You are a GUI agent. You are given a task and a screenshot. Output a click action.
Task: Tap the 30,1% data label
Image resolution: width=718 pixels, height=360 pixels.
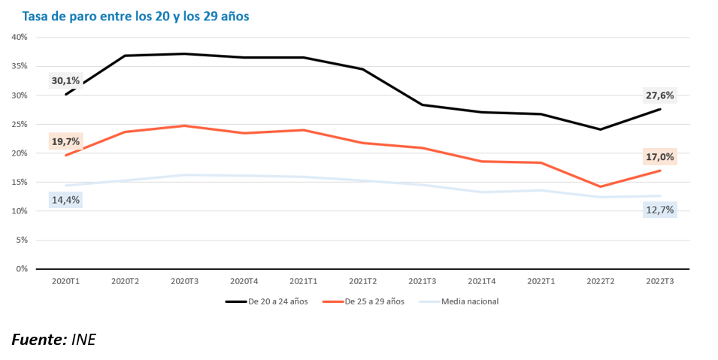tap(65, 80)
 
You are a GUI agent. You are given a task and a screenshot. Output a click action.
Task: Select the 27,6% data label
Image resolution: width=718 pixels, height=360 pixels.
tap(660, 95)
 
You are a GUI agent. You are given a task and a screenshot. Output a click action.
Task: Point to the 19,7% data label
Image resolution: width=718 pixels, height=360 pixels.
tap(65, 141)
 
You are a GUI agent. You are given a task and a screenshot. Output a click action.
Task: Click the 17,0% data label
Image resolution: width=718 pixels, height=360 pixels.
tap(660, 157)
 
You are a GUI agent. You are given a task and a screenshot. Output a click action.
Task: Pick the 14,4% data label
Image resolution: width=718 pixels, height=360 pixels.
tap(65, 200)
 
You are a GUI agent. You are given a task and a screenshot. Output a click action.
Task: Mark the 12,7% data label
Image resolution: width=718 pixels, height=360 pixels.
tap(660, 210)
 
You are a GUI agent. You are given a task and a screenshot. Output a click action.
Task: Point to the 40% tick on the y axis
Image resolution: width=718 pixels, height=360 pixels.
tap(20, 37)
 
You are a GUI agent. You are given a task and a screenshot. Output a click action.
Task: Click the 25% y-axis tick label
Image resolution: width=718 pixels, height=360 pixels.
tap(20, 124)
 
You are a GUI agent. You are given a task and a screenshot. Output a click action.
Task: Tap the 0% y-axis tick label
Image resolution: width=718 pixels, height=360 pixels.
tap(22, 269)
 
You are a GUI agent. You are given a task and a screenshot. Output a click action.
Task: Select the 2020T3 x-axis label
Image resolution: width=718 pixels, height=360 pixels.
tap(185, 281)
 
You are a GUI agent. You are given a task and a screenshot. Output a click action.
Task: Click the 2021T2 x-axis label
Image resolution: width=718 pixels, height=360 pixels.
tap(363, 281)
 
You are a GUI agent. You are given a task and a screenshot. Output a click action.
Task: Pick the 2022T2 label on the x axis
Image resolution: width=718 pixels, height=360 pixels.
tap(601, 281)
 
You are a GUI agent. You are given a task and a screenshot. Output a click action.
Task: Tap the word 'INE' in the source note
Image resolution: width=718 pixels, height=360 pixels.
tap(83, 340)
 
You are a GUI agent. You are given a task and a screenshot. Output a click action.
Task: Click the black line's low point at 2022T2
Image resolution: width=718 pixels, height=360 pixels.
tap(601, 129)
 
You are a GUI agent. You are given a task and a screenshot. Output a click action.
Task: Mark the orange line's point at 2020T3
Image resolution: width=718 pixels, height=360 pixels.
tap(185, 126)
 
